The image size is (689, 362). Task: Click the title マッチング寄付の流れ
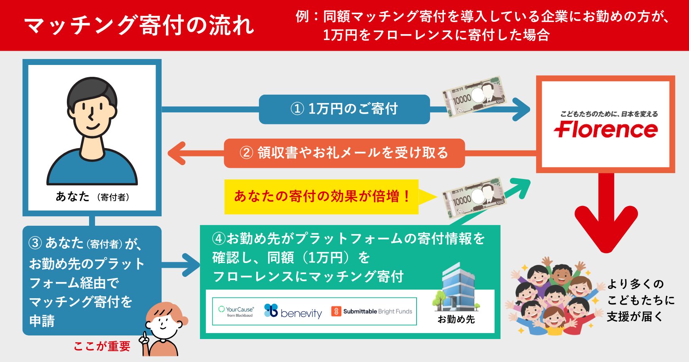tap(139, 25)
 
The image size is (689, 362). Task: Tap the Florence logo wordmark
tap(605, 130)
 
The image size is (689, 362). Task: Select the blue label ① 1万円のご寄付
tap(344, 109)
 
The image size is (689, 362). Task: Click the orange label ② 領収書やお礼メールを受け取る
tap(344, 153)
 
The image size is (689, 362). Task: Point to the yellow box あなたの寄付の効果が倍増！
tap(321, 196)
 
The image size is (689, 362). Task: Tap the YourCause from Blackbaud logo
tap(236, 311)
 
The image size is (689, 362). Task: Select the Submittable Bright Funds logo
tap(372, 311)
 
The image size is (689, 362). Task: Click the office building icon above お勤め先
tap(456, 287)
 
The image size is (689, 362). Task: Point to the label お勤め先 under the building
tap(456, 319)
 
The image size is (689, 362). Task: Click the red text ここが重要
tap(102, 347)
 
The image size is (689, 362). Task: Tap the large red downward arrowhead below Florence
tap(606, 230)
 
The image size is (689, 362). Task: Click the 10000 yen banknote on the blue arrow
tap(474, 96)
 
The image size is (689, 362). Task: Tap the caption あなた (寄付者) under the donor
tap(92, 196)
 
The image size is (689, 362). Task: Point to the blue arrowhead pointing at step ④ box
tap(190, 265)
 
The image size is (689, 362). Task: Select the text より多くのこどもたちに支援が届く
tap(640, 300)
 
